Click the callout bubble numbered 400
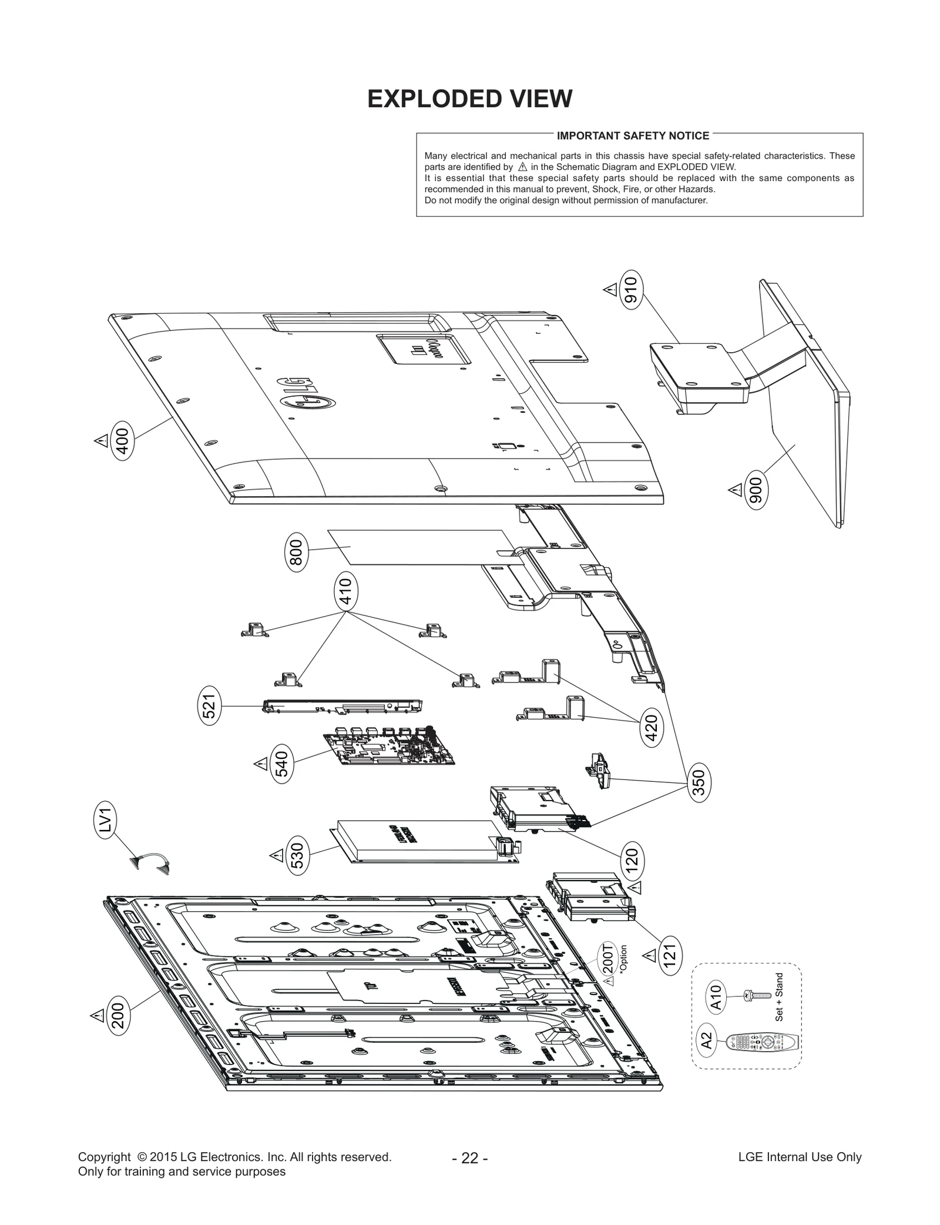click(x=123, y=441)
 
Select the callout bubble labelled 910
click(x=632, y=289)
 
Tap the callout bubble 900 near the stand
click(x=756, y=490)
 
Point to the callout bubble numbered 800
click(x=297, y=552)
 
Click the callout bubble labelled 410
click(x=346, y=592)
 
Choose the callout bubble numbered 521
click(x=209, y=705)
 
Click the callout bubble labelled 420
click(x=651, y=727)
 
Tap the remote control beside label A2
click(x=763, y=1042)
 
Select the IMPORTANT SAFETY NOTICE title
click(x=633, y=136)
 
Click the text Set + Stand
click(x=779, y=997)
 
